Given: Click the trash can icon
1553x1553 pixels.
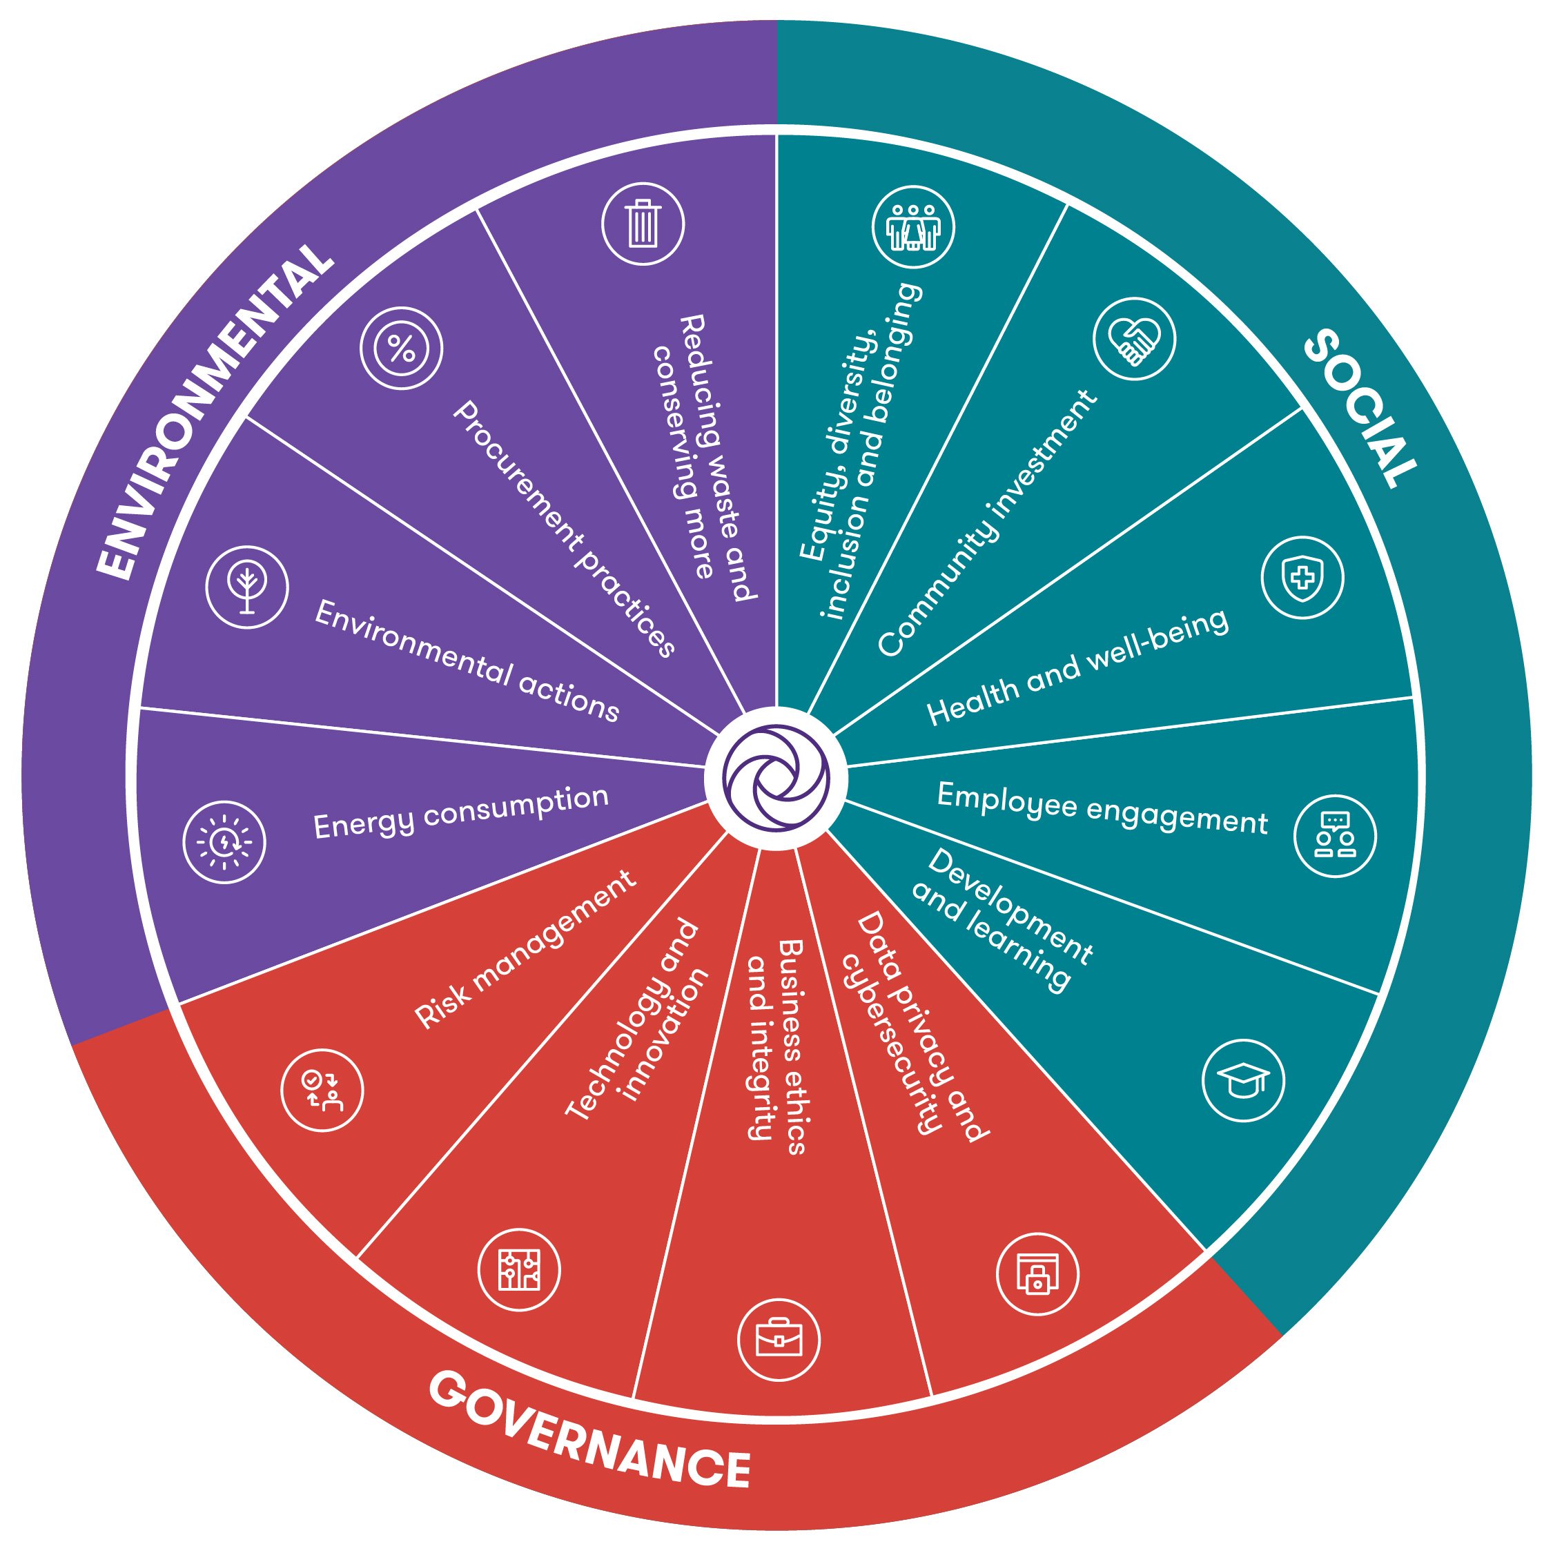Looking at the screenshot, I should click(643, 224).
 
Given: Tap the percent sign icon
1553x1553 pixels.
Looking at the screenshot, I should click(401, 349).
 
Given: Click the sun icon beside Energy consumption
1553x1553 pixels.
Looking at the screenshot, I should click(224, 841).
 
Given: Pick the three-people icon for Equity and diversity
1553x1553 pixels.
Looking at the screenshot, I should click(913, 226).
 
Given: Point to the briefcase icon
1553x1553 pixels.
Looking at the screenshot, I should click(778, 1339).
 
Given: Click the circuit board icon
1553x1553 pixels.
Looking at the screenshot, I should click(518, 1270).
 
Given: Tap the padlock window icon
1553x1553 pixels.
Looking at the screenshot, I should click(1037, 1274).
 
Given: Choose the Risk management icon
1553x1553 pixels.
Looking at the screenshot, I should click(322, 1090).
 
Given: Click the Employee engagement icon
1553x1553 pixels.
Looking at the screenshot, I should click(1335, 836).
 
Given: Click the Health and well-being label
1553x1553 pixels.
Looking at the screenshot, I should click(1078, 667).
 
